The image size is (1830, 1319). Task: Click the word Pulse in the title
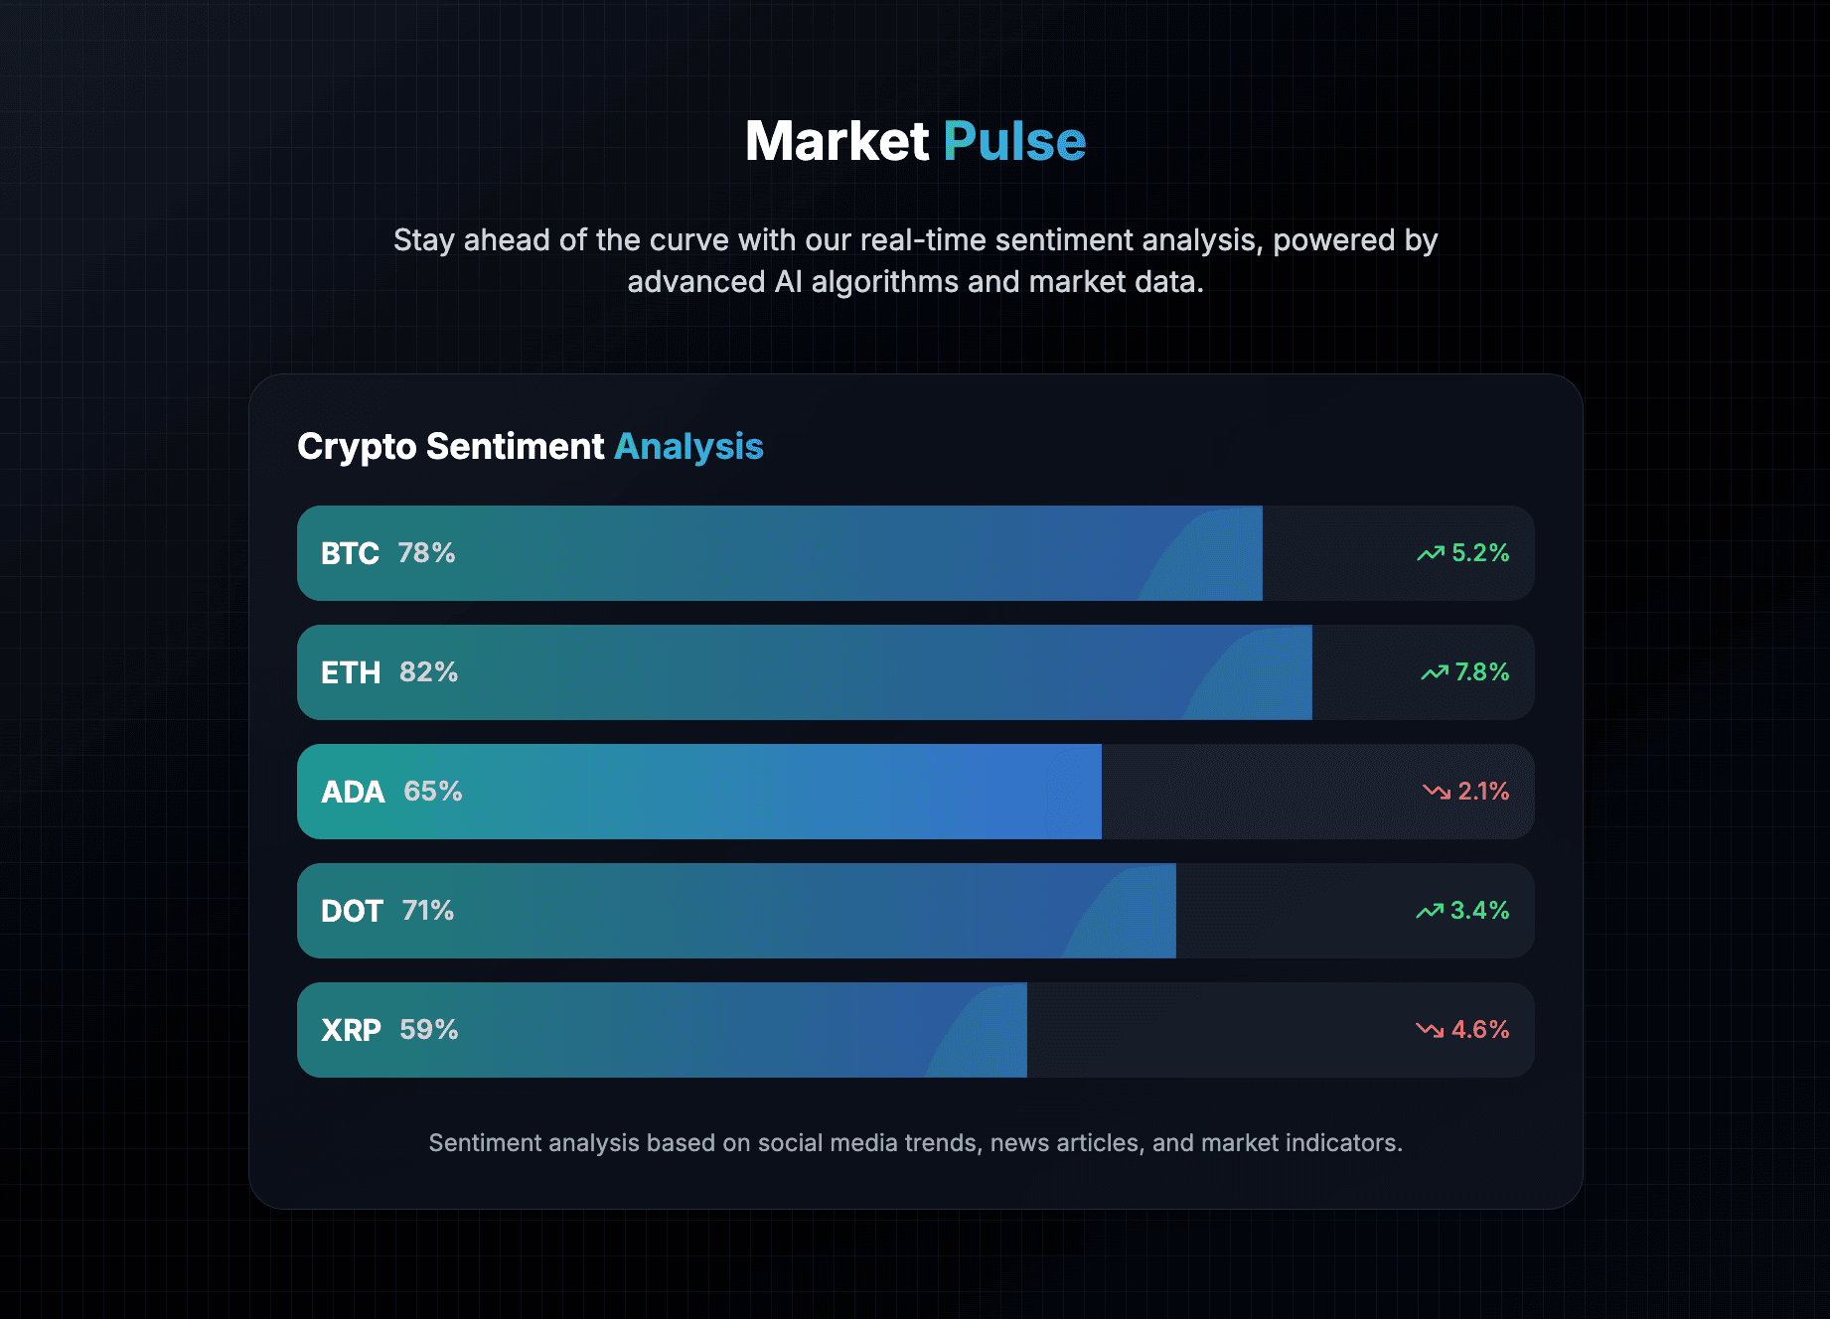[x=1014, y=141]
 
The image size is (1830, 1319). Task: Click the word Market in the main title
[x=837, y=141]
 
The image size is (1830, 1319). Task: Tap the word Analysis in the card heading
[x=688, y=447]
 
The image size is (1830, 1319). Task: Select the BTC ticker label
[x=350, y=553]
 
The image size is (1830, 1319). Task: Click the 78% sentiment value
[x=426, y=553]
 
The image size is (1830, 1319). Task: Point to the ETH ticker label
[x=351, y=672]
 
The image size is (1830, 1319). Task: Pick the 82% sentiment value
[x=428, y=672]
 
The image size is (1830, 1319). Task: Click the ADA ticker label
[x=353, y=792]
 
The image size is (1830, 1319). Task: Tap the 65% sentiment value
[x=432, y=792]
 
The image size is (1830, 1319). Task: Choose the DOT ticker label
[x=352, y=911]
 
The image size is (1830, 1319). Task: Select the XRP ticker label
[x=351, y=1030]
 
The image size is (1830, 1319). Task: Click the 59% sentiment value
[x=429, y=1030]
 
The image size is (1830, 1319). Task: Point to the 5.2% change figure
[x=1480, y=553]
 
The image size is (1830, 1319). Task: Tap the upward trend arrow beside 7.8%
[x=1434, y=672]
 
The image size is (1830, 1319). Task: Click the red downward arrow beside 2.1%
[x=1436, y=792]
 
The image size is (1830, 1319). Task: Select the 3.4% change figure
[x=1479, y=911]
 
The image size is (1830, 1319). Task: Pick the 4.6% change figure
[x=1480, y=1030]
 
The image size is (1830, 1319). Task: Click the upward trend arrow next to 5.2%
[x=1431, y=553]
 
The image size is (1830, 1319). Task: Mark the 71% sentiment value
[x=428, y=911]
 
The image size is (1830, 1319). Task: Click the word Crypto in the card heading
[x=357, y=447]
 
